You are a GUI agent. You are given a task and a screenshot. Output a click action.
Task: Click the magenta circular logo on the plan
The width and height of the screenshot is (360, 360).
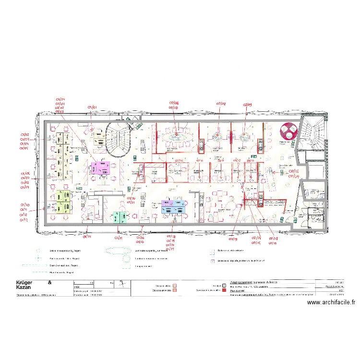click(x=288, y=131)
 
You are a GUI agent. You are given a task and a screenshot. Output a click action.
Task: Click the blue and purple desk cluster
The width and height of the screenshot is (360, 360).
click(x=173, y=206)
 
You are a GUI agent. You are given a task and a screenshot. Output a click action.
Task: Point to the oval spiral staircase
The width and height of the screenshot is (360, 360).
click(x=118, y=139)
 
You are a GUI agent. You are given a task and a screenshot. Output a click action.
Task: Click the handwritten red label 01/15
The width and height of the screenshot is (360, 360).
click(x=119, y=238)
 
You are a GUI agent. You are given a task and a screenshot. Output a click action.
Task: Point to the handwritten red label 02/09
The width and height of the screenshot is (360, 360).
click(x=247, y=104)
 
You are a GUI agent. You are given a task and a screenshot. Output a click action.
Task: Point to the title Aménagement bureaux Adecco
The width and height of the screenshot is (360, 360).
click(x=254, y=282)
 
